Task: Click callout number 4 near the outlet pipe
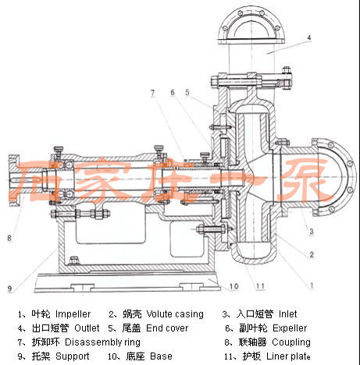[309, 37]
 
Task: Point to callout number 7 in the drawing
[152, 93]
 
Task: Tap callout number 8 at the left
[9, 238]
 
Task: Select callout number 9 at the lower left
[9, 289]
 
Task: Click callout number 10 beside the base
[233, 286]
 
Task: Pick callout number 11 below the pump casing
[260, 286]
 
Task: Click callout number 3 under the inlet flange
[312, 231]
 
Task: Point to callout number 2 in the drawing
[312, 254]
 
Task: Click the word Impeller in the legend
[73, 314]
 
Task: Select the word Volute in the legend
[159, 314]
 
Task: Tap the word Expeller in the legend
[290, 328]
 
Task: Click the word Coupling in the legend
[291, 342]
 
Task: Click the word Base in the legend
[162, 356]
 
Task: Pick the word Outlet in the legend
[87, 328]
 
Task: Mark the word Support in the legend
[73, 356]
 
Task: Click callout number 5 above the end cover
[187, 93]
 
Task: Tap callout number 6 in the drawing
[173, 93]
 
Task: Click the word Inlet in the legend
[287, 314]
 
